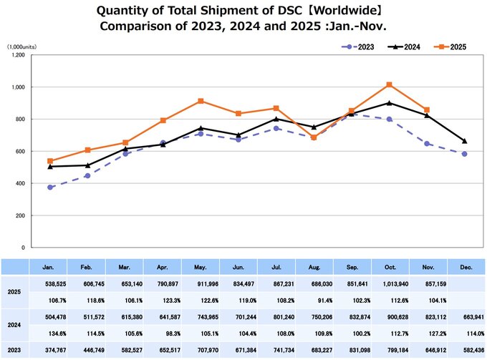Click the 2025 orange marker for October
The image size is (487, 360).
[x=389, y=84]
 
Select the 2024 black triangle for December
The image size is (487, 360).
[x=466, y=141]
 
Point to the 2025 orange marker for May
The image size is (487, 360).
[x=201, y=101]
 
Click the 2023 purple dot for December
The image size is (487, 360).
[x=466, y=154]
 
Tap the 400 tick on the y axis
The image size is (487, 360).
[x=19, y=183]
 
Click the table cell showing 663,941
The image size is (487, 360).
[x=466, y=318]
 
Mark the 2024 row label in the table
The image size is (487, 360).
[x=14, y=326]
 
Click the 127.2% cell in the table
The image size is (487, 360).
[x=427, y=334]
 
